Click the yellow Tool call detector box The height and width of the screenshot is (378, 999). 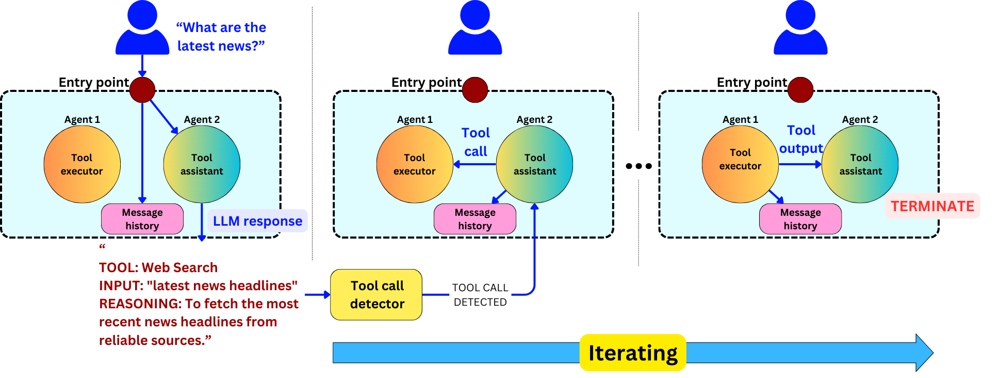pos(376,294)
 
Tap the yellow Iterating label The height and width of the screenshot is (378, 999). pos(633,353)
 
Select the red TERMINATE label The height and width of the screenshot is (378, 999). pos(932,206)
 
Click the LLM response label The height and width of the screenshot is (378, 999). pos(257,221)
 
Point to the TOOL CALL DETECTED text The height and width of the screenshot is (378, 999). pos(480,295)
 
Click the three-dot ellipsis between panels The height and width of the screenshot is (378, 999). pos(638,166)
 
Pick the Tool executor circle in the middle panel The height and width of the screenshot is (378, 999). pos(415,164)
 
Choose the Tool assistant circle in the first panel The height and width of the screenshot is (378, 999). pos(202,164)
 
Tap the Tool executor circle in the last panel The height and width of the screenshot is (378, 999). pos(740,164)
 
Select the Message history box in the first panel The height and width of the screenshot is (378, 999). pos(142,219)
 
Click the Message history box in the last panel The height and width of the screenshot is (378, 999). pos(800,219)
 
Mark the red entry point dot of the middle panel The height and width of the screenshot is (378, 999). pos(475,90)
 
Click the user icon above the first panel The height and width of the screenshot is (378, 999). pos(142,27)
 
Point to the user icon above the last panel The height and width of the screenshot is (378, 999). pos(800,27)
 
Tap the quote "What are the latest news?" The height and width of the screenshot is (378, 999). pos(221,37)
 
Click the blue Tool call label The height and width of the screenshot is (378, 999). pos(476,142)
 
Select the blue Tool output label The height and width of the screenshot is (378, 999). pos(801,139)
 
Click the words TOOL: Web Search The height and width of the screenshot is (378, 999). pos(158,267)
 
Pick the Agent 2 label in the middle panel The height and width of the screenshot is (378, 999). pos(534,119)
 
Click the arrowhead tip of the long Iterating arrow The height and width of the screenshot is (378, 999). pos(934,353)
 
